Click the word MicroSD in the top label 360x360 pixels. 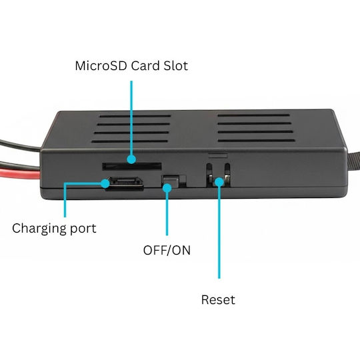[101, 65]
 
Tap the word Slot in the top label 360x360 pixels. [175, 65]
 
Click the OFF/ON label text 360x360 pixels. [167, 250]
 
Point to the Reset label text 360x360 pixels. [218, 299]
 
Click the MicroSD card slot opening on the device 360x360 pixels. [132, 167]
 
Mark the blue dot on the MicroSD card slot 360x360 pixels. [131, 159]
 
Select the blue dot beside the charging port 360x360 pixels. [105, 183]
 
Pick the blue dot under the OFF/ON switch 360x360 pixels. [167, 188]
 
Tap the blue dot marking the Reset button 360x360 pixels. [219, 182]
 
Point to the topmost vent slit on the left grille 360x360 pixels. [135, 116]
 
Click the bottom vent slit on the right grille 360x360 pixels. [257, 141]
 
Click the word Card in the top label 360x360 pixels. [145, 65]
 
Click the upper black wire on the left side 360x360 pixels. [20, 145]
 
